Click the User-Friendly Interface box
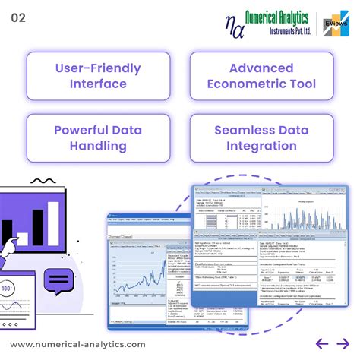click(99, 76)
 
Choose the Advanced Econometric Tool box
click(261, 76)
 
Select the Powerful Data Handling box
click(99, 137)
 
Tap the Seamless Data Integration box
click(261, 137)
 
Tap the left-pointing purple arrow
click(321, 343)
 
